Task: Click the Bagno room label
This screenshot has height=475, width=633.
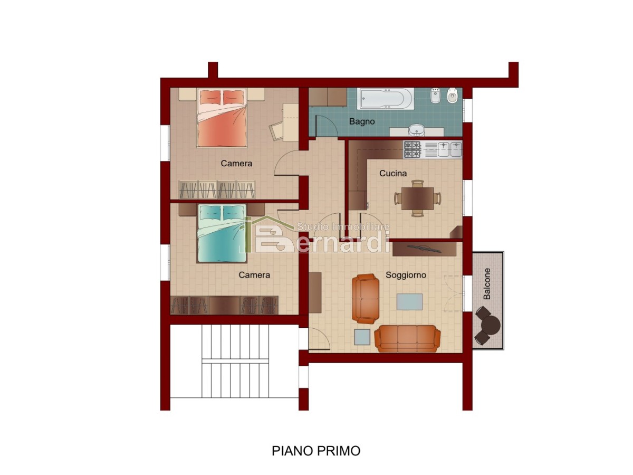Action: tap(362, 121)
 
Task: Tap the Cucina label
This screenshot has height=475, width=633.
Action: tap(393, 173)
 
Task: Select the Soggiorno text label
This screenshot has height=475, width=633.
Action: tap(406, 275)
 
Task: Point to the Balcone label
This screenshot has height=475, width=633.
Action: tap(487, 284)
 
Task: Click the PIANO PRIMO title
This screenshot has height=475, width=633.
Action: tap(316, 451)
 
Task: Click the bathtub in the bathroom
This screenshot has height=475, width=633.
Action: tap(386, 99)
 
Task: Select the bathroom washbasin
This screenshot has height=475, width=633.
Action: tap(416, 130)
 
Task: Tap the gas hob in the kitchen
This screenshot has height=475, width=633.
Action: tap(412, 149)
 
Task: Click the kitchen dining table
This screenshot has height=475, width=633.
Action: tap(417, 198)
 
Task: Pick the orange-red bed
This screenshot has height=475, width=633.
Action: tap(222, 118)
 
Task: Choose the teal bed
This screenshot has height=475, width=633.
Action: tap(222, 233)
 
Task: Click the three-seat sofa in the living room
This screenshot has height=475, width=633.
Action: tap(407, 339)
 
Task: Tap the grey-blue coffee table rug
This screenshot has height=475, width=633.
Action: tap(409, 302)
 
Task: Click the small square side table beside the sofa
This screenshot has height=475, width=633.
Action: tap(362, 337)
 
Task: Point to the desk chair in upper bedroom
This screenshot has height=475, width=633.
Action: tap(276, 131)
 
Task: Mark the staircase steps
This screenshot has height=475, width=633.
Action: tap(235, 361)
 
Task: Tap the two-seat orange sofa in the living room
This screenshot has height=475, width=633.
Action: tap(366, 299)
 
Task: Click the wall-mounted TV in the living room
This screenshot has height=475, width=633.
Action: tap(425, 248)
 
